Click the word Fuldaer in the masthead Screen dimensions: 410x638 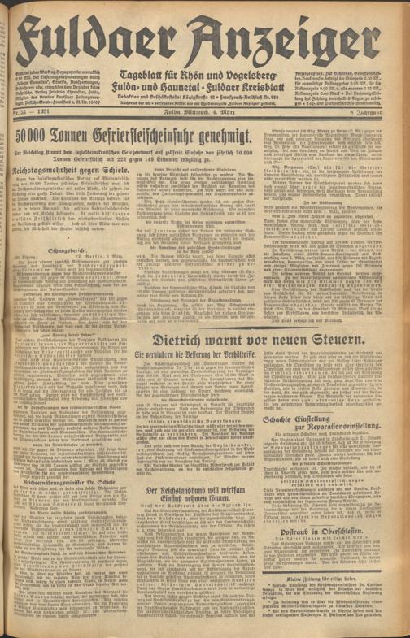[98, 30]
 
